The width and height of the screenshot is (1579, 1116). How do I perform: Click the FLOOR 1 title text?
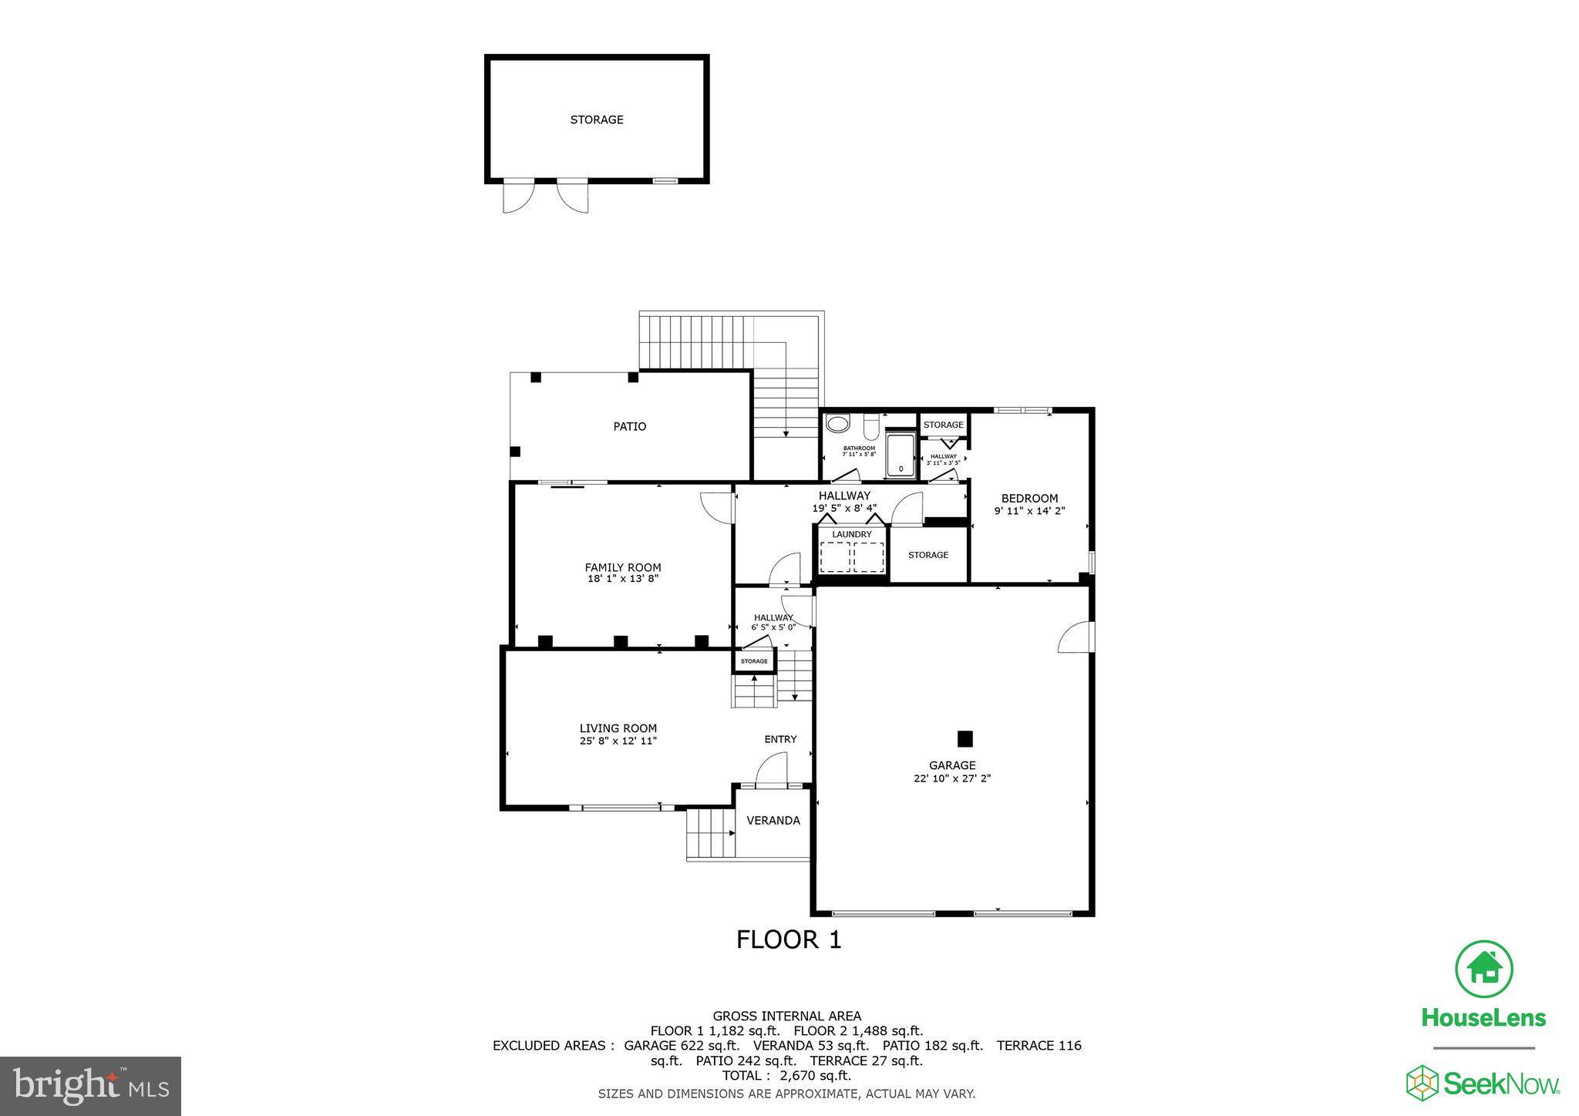coord(788,940)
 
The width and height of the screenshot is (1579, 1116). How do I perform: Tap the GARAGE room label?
coord(952,765)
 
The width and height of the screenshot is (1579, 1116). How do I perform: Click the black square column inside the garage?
coord(965,739)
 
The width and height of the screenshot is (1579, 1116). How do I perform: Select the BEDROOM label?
coord(1029,498)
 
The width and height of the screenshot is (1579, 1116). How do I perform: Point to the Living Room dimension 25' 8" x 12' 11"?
coord(618,741)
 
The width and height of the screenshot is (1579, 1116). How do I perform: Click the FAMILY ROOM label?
coord(623,567)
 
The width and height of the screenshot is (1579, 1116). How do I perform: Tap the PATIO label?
coord(629,426)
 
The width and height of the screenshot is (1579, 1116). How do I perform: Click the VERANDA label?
coord(773,821)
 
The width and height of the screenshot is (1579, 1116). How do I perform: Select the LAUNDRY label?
coord(852,534)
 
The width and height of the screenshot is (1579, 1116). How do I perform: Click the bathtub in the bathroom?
coord(901,455)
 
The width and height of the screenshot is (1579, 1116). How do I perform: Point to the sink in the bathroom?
coord(837,423)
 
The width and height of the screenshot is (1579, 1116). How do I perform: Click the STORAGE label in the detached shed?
coord(597,119)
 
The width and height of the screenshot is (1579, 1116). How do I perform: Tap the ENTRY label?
coord(780,739)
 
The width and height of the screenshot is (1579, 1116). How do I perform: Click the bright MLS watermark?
coord(91,1087)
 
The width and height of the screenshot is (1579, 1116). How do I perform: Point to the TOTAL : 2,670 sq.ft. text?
coord(786,1076)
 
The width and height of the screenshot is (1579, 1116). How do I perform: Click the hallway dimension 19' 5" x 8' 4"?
coord(844,509)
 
